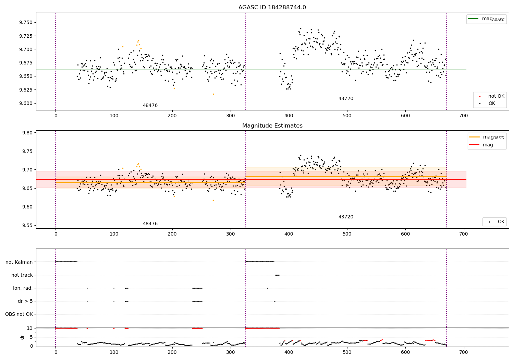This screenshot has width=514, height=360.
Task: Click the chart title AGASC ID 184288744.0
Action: point(272,8)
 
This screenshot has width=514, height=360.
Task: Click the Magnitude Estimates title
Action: point(272,126)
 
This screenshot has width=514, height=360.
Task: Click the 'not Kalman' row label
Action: point(19,262)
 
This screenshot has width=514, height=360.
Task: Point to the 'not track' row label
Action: point(22,275)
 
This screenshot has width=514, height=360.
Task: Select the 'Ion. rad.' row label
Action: point(23,288)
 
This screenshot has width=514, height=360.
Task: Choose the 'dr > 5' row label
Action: point(25,301)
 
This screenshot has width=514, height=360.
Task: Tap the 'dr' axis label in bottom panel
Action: point(22,337)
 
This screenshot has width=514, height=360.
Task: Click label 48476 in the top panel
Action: point(150,106)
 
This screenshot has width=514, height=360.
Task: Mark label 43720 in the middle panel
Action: point(346,217)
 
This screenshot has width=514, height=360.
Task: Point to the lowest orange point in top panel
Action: point(213,94)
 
